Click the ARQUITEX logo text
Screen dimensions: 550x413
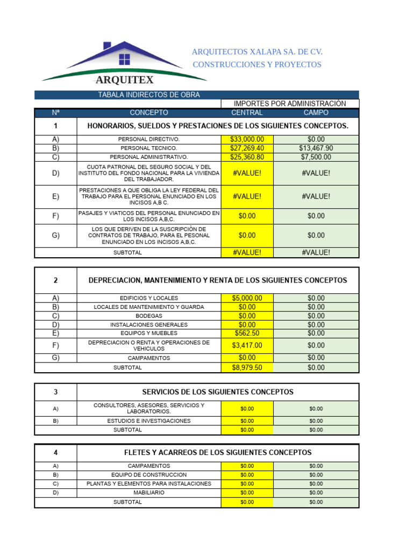point(124,80)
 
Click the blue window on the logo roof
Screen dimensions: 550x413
point(124,59)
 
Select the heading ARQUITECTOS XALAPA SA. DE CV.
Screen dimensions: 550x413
point(257,52)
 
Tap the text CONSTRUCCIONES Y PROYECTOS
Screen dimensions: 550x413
point(257,64)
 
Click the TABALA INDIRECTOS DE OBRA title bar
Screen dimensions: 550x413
point(148,95)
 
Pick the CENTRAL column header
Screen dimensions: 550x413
point(247,113)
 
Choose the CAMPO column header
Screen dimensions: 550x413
point(316,113)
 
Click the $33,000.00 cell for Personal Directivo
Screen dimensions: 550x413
point(247,139)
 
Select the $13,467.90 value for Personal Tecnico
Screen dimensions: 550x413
point(316,148)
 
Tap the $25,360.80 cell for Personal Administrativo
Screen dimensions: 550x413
point(247,157)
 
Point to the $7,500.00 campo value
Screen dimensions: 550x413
point(316,157)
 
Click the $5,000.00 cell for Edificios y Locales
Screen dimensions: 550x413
point(247,298)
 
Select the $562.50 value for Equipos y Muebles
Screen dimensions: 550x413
point(247,333)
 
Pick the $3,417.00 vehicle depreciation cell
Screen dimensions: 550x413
point(247,345)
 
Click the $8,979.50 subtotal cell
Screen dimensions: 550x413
point(247,368)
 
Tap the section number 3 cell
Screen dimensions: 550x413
point(55,392)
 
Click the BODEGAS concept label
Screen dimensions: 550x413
point(149,316)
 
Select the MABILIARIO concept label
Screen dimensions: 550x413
point(149,493)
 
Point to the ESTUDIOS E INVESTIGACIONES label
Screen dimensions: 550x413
point(149,421)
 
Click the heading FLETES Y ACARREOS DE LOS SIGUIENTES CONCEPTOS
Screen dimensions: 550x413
point(217,453)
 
